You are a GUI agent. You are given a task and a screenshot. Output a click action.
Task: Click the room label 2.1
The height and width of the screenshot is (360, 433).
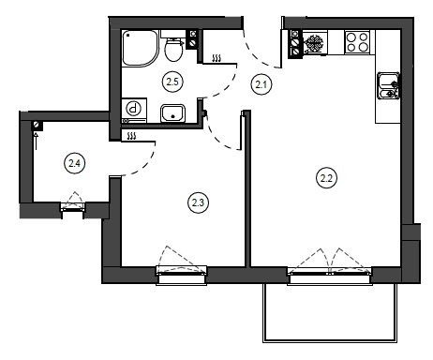(x=261, y=84)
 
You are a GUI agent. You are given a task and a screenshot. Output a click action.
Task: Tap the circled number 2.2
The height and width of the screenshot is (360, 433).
(x=326, y=178)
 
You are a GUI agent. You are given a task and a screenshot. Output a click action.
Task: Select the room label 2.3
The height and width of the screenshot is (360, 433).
(x=198, y=202)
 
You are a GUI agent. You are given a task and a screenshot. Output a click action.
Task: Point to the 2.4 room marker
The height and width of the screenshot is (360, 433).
(x=74, y=163)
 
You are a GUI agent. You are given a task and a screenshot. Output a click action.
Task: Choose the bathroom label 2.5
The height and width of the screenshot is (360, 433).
(x=172, y=82)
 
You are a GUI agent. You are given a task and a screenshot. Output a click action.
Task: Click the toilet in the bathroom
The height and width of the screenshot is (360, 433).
(x=172, y=46)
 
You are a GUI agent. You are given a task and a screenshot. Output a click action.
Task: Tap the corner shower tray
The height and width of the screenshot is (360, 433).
(x=141, y=48)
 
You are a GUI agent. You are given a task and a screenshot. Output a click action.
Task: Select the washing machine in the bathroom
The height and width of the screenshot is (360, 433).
(x=134, y=111)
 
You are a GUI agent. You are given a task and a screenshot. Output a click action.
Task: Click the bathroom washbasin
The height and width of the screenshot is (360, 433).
(x=173, y=113)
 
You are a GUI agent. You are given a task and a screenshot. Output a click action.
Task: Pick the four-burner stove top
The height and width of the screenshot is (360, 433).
(x=357, y=42)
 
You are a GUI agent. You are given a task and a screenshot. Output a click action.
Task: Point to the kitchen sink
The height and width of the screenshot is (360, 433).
(x=388, y=85)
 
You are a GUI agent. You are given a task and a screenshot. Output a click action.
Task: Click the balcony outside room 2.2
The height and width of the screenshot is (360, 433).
(x=330, y=313)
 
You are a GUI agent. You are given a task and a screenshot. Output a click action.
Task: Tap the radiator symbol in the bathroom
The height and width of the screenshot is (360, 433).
(x=216, y=58)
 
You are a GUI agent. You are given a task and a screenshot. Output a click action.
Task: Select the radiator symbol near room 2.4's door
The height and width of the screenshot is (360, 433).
(x=132, y=136)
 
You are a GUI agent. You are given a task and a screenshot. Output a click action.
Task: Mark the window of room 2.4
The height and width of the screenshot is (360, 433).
(x=73, y=208)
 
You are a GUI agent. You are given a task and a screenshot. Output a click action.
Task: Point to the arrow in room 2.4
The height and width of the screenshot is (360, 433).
(x=36, y=141)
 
